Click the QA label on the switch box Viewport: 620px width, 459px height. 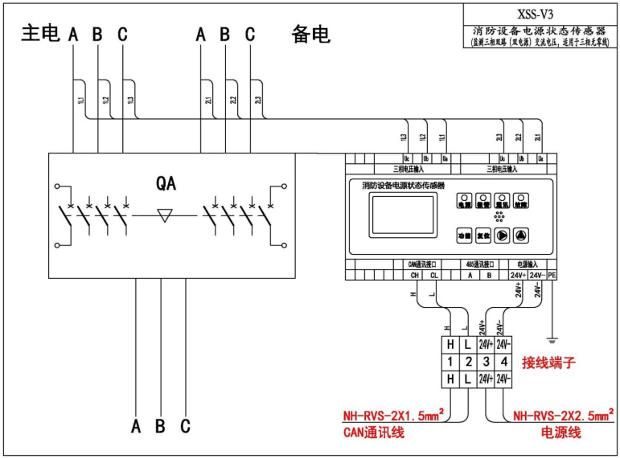[166, 183]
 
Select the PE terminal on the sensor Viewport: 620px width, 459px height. [551, 275]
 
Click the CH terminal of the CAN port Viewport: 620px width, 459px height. [415, 275]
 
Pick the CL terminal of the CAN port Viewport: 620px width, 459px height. [434, 275]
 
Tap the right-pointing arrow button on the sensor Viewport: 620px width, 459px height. [502, 236]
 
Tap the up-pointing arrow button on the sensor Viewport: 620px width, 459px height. [521, 236]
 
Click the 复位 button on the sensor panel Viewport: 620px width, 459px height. [482, 236]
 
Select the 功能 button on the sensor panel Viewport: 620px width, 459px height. [464, 236]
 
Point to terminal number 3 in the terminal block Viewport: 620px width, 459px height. [486, 361]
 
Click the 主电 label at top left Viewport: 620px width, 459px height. [40, 34]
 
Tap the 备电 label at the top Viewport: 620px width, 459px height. [310, 34]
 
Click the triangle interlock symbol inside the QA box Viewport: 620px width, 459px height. [166, 215]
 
